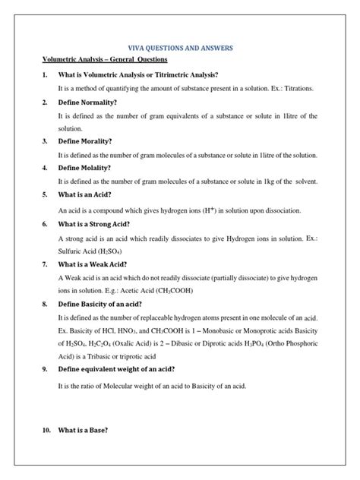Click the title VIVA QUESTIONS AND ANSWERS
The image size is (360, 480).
tap(180, 48)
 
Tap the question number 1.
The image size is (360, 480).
tap(46, 74)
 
